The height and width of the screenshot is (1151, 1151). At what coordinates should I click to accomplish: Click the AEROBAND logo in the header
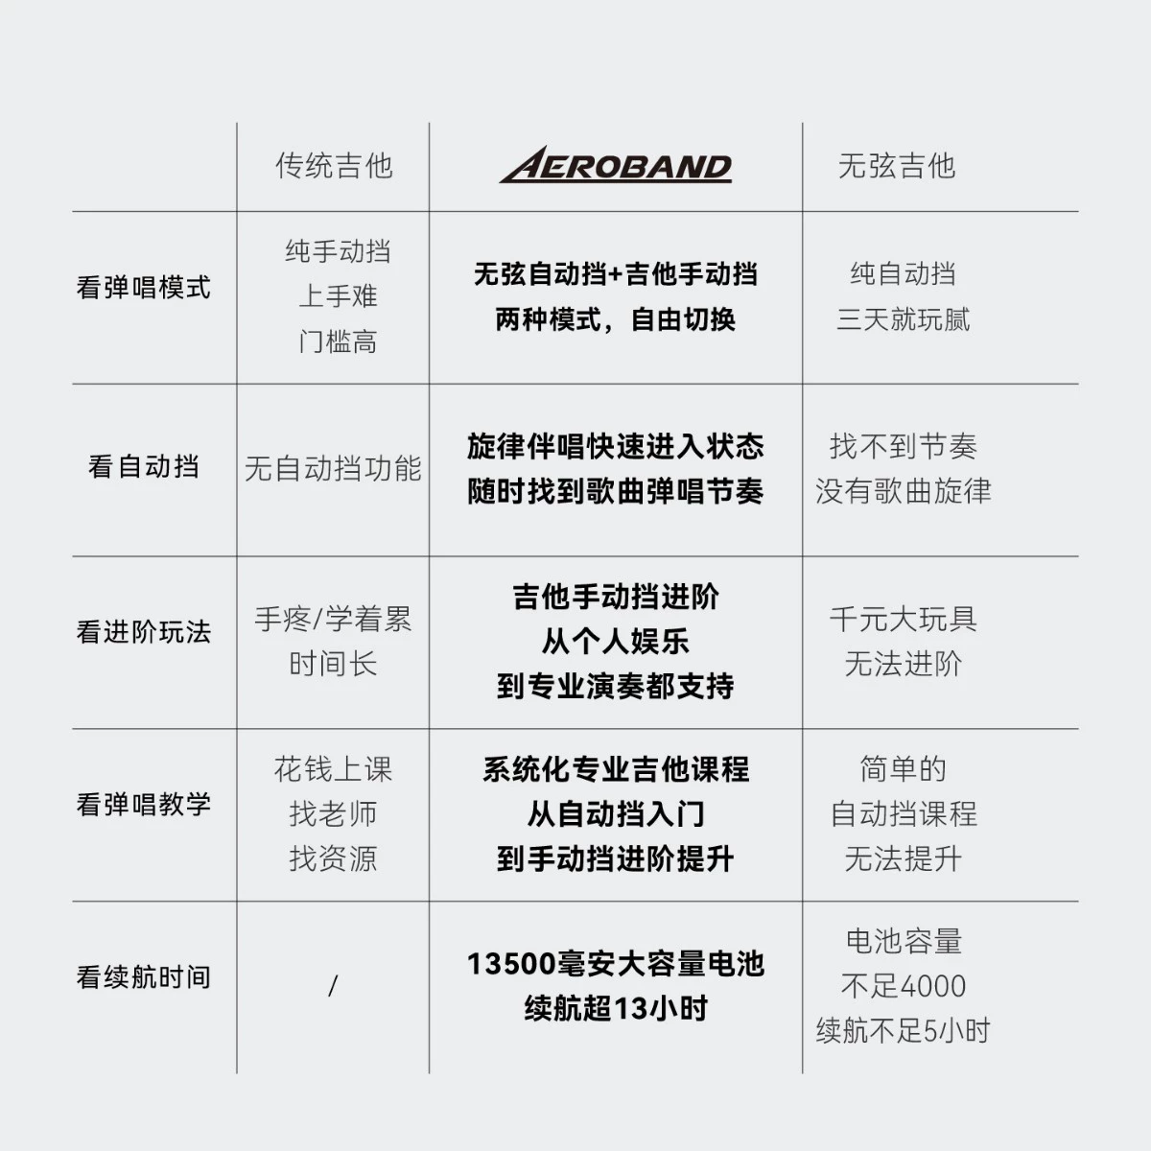pyautogui.click(x=615, y=164)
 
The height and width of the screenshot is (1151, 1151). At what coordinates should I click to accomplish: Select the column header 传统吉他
pyautogui.click(x=334, y=165)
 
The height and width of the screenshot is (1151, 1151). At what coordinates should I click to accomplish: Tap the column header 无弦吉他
pyautogui.click(x=897, y=165)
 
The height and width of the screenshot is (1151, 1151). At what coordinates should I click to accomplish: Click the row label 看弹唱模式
pyautogui.click(x=143, y=288)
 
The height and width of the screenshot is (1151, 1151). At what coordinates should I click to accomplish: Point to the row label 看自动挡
pyautogui.click(x=143, y=466)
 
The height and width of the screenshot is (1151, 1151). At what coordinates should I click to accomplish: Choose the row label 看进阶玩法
pyautogui.click(x=143, y=632)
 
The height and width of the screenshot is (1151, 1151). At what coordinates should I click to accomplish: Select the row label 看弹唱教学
pyautogui.click(x=143, y=804)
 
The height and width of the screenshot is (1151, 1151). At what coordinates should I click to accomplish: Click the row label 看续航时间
pyautogui.click(x=143, y=977)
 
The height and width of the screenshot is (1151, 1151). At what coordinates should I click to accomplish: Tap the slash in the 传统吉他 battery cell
pyautogui.click(x=333, y=986)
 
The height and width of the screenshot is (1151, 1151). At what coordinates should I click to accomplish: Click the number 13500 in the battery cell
pyautogui.click(x=511, y=964)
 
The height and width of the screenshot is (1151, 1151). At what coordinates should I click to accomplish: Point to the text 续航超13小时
pyautogui.click(x=616, y=1008)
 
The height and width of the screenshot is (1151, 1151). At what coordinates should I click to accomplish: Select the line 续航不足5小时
pyautogui.click(x=904, y=1030)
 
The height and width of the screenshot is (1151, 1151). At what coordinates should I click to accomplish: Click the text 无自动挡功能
pyautogui.click(x=333, y=468)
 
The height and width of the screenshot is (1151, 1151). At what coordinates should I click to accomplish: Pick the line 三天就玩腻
pyautogui.click(x=904, y=319)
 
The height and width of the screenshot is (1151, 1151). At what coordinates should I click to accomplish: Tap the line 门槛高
pyautogui.click(x=338, y=341)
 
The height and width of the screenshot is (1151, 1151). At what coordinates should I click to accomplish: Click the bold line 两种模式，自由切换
pyautogui.click(x=615, y=319)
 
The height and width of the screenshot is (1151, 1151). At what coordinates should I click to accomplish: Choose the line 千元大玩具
pyautogui.click(x=904, y=619)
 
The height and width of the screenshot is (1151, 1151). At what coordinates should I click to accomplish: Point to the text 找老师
pyautogui.click(x=333, y=813)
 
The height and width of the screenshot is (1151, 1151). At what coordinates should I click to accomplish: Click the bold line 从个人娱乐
pyautogui.click(x=615, y=642)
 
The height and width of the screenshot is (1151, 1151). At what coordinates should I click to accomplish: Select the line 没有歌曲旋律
pyautogui.click(x=904, y=491)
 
